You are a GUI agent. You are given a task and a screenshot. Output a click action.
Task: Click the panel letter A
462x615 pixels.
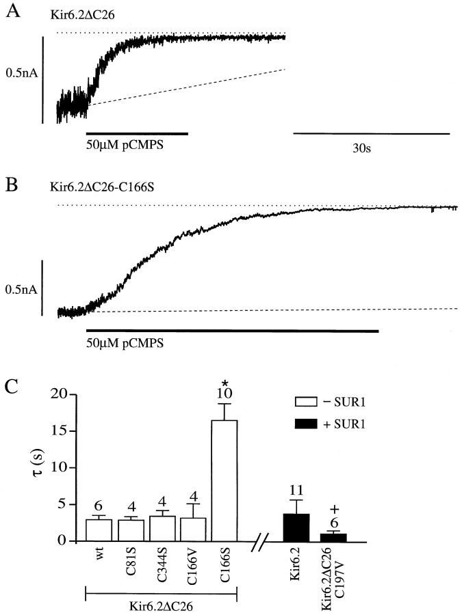click(12, 12)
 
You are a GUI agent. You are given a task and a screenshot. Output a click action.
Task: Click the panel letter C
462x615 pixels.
click(12, 385)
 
